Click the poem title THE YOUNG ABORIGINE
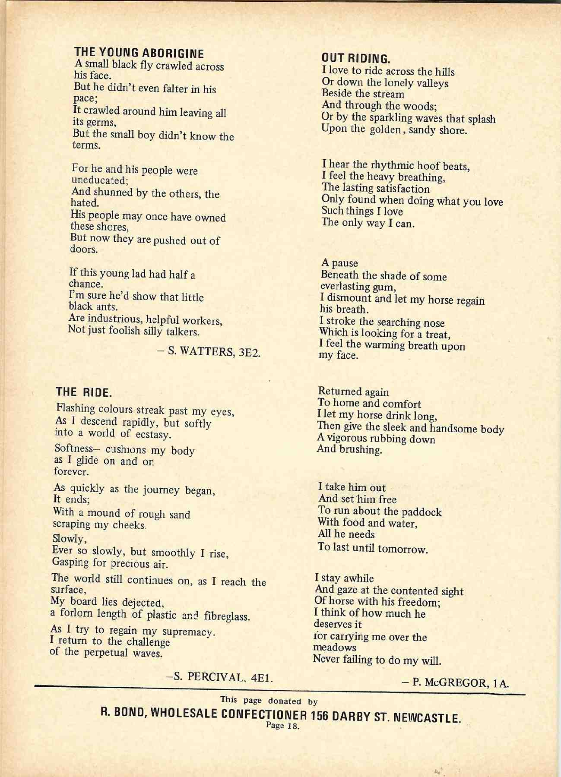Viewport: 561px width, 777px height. (139, 53)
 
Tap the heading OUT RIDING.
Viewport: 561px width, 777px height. (356, 58)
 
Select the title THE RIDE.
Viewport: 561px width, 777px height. (84, 392)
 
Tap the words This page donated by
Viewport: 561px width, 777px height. (269, 701)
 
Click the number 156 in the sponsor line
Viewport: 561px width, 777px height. (320, 715)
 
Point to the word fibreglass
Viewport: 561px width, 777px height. (227, 616)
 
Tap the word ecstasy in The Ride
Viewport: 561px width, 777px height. (153, 434)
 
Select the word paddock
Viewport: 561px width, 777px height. (422, 512)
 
